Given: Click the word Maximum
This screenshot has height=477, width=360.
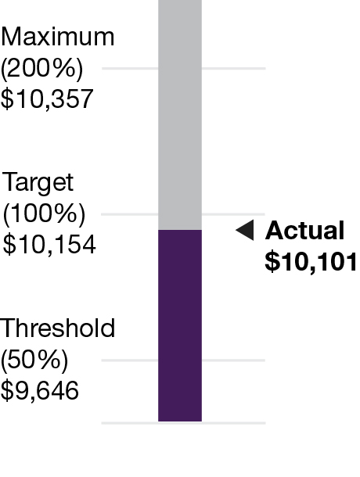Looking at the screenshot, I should [x=57, y=37].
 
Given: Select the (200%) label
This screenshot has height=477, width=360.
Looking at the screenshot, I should [x=41, y=68].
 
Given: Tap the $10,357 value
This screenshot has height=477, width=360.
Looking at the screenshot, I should [x=47, y=99].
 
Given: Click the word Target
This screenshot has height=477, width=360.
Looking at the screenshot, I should [x=38, y=183].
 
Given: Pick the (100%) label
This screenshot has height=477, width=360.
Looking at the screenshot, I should [x=43, y=213].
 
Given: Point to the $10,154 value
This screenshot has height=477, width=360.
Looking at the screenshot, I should [x=49, y=245].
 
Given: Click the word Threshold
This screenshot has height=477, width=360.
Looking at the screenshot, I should [x=58, y=328].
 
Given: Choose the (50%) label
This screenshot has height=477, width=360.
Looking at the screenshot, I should [x=35, y=360].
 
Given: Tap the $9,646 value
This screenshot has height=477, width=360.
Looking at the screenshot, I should [x=40, y=390].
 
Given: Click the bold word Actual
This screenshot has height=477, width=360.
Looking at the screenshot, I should [x=305, y=231].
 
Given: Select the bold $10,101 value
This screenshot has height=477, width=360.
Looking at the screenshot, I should [x=311, y=262].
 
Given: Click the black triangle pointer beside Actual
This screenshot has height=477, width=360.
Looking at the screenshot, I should [x=245, y=230].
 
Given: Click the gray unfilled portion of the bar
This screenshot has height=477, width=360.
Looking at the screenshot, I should [x=180, y=117].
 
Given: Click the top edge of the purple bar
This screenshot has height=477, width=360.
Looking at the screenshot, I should [x=180, y=231].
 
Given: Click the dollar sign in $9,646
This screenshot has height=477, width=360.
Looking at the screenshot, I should [x=6, y=390].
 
